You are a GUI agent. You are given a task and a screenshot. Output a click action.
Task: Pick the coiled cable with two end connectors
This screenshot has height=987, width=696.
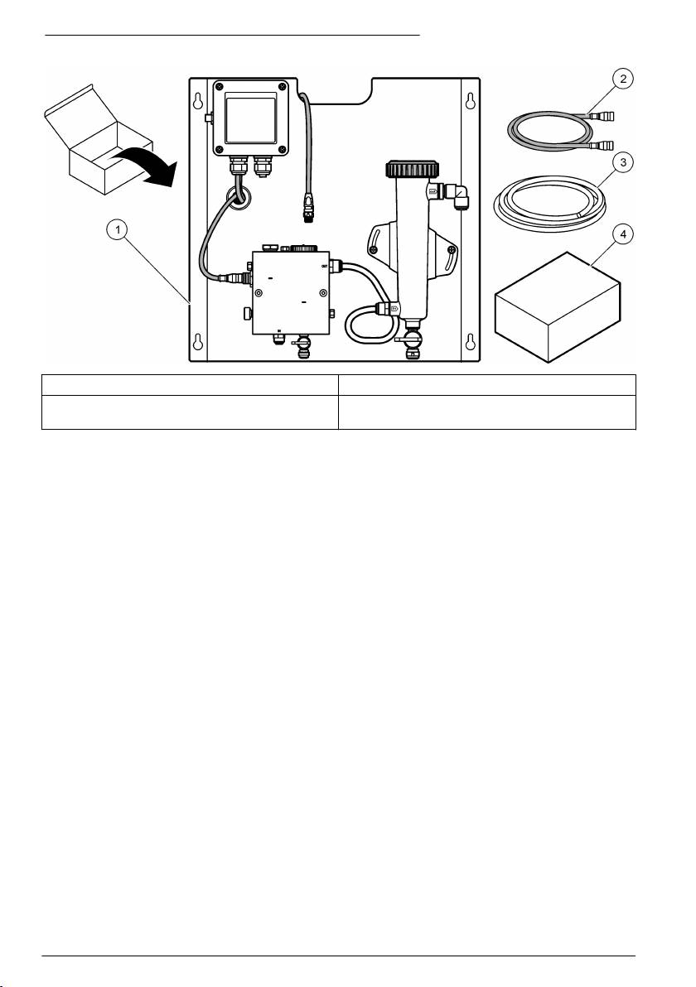pos(552,132)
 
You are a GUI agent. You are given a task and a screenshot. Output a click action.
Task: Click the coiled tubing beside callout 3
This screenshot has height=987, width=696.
pos(547,204)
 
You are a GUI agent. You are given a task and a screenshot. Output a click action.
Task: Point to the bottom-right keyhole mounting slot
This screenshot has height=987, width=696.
pos(470,342)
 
